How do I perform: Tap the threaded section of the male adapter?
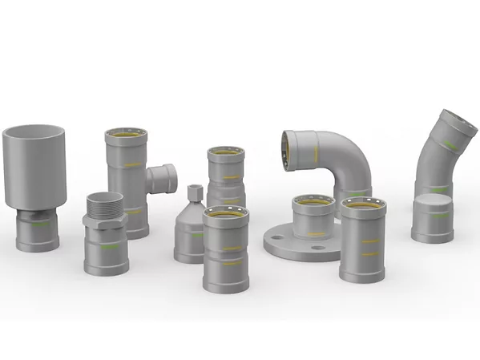tap(105, 204)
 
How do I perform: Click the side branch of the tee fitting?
tap(161, 178)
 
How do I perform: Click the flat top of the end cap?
tap(433, 200)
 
